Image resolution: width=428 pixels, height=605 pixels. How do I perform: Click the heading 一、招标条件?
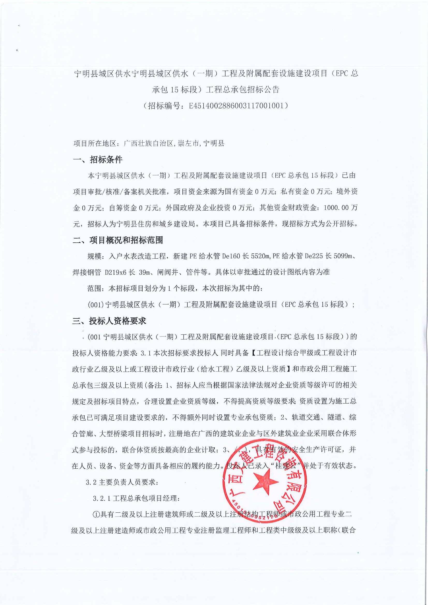coord(98,160)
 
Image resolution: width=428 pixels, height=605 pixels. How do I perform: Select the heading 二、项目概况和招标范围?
coord(118,240)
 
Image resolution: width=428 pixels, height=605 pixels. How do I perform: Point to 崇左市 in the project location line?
coord(188,144)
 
